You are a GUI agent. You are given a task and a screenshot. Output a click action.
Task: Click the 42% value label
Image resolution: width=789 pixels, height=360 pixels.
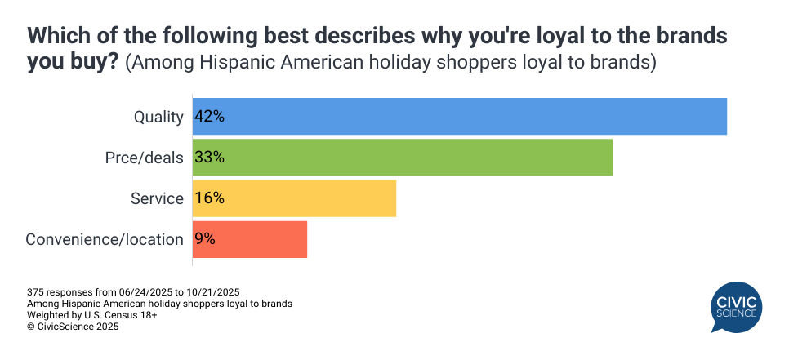[x=209, y=116]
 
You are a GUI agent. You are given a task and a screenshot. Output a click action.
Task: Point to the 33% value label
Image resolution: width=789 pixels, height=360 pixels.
[x=209, y=157]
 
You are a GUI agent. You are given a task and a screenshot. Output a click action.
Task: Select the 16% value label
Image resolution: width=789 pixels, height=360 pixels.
[x=209, y=198]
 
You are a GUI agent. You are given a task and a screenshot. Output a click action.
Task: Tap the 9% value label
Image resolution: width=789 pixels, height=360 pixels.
[x=205, y=239]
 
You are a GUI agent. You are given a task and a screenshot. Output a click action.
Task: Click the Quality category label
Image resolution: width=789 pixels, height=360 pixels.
[x=158, y=117]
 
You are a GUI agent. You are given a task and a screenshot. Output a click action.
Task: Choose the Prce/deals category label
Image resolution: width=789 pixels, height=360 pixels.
[x=144, y=158]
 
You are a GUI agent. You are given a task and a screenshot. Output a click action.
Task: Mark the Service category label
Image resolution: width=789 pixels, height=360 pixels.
[x=157, y=198]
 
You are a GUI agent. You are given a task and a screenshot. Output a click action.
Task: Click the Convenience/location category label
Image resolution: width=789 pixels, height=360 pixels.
[x=105, y=239]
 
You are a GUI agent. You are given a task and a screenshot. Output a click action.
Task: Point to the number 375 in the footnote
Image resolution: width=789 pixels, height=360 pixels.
[x=36, y=291]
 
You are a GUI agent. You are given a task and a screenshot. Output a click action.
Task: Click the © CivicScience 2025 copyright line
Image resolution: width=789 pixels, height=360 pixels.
[x=73, y=326]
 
